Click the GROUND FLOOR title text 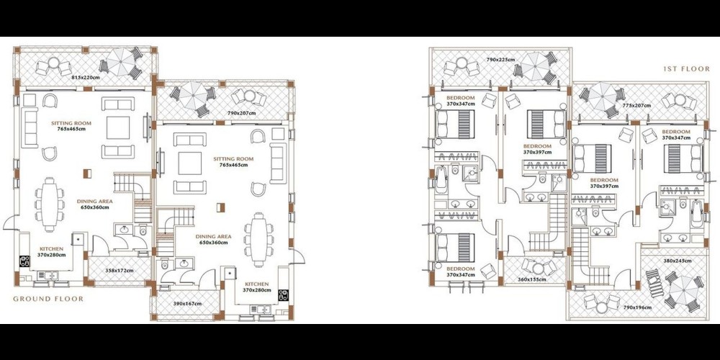48,299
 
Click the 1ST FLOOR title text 686,69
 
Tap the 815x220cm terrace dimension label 86,78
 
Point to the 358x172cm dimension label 119,271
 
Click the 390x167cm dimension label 186,304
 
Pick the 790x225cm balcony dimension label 500,60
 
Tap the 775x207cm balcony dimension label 636,106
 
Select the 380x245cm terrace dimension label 678,261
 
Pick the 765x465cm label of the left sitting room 71,129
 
